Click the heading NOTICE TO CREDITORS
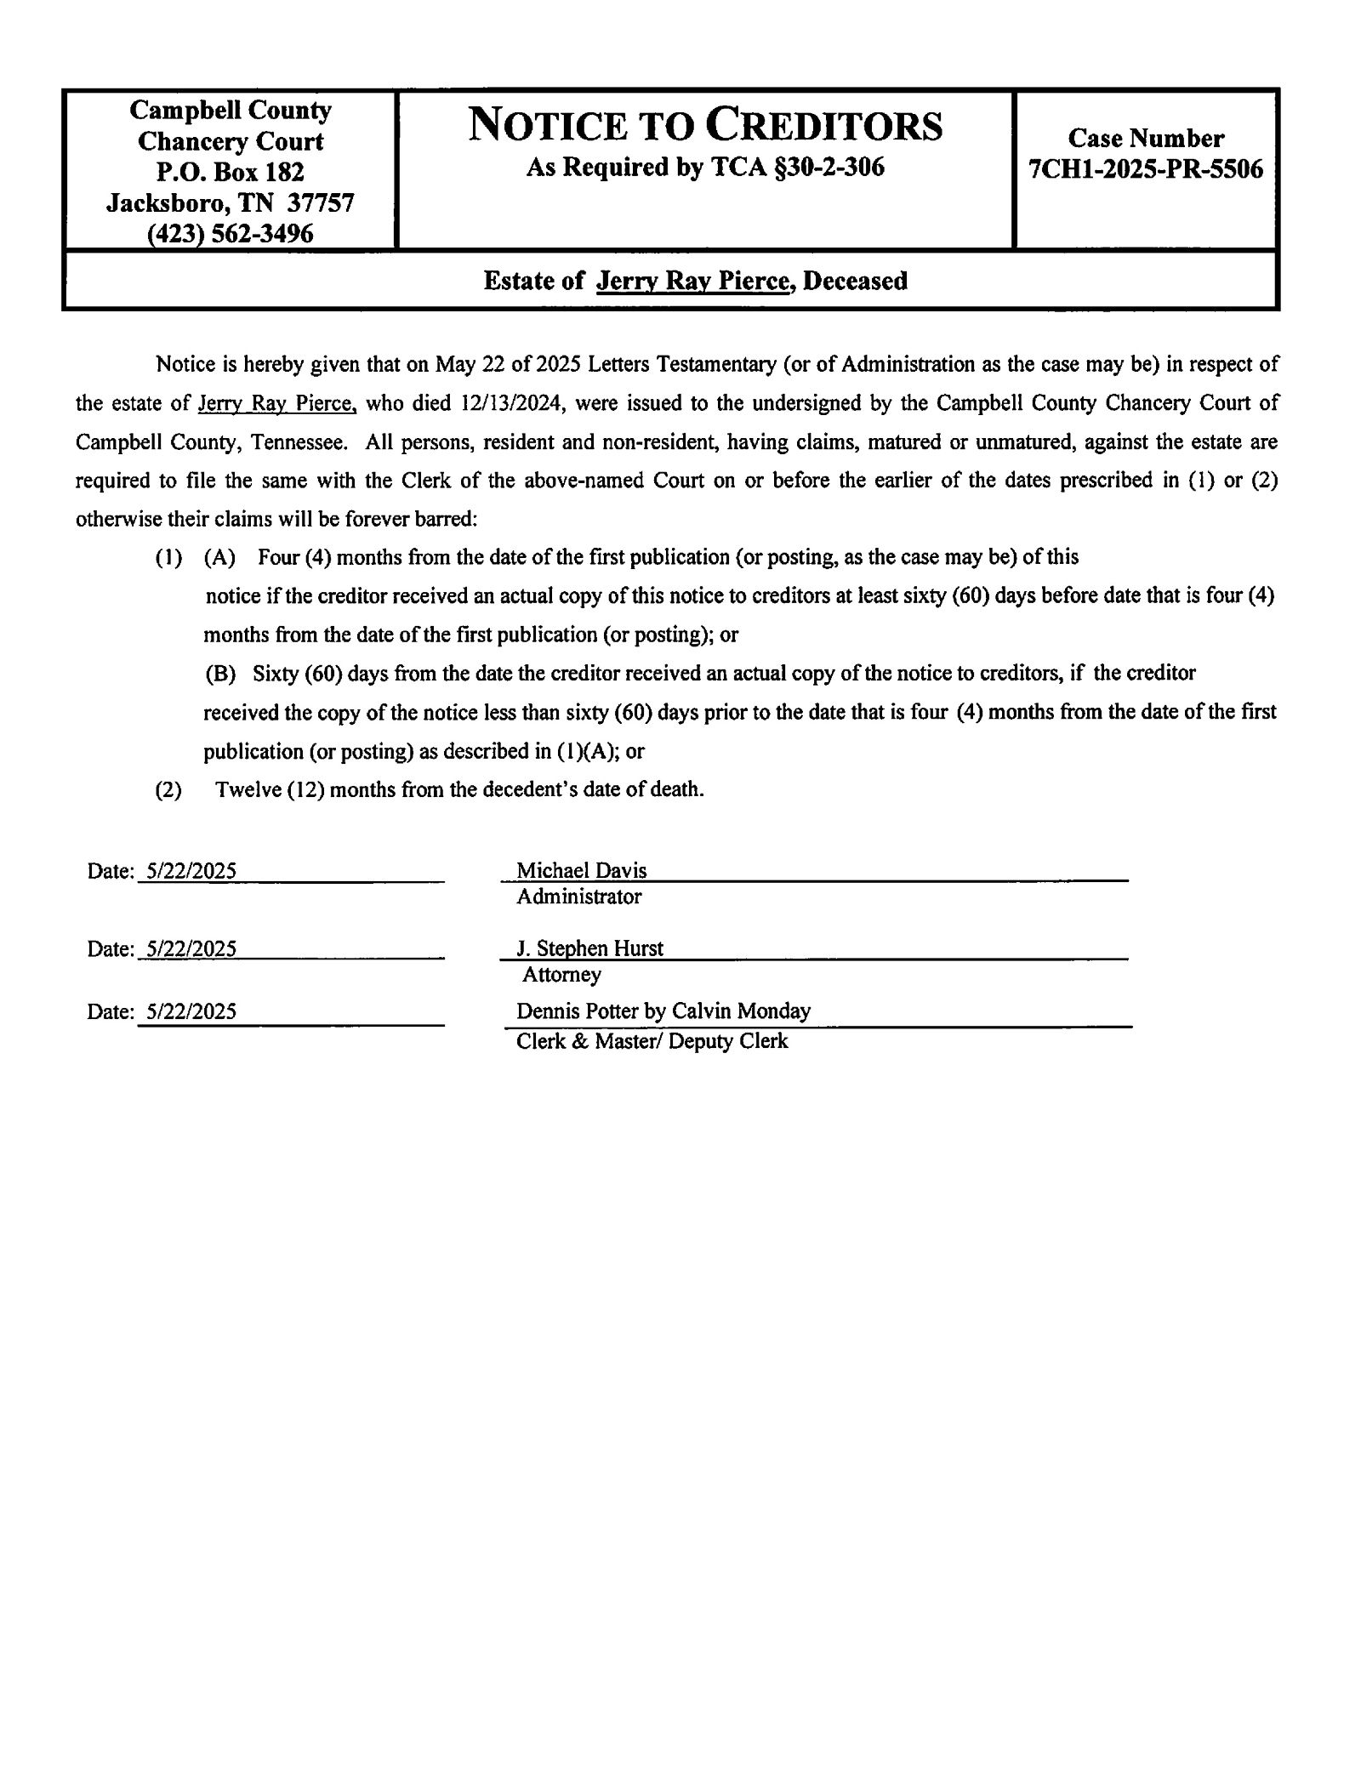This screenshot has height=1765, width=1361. point(705,126)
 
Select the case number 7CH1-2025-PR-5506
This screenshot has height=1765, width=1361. point(1145,169)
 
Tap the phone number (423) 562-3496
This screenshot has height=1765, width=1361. point(230,233)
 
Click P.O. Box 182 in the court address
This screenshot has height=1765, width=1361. point(230,172)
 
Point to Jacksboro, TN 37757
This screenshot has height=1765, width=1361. point(230,202)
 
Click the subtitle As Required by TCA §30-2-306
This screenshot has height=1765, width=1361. point(705,168)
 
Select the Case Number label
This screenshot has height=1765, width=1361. point(1145,138)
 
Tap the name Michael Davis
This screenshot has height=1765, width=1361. point(581,870)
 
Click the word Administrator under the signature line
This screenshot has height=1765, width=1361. point(578,897)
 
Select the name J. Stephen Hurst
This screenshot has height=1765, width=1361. point(589,948)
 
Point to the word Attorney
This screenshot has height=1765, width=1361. point(561,975)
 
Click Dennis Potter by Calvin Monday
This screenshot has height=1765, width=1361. point(663,1011)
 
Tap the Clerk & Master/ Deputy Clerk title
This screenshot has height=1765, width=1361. point(652,1041)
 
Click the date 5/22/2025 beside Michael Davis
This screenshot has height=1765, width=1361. point(191,871)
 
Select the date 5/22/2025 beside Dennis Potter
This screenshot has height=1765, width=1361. point(191,1011)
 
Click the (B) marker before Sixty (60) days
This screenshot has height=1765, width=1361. point(219,674)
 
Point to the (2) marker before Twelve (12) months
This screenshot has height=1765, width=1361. point(168,790)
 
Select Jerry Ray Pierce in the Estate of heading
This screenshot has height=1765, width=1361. point(692,281)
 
